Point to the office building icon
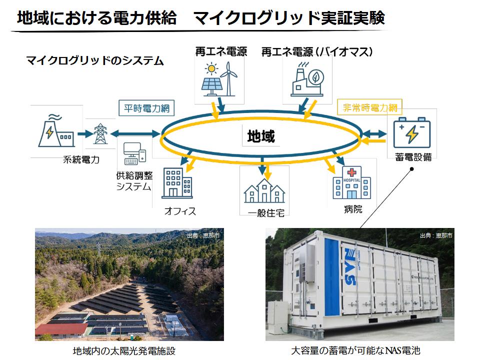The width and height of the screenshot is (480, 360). point(177,182)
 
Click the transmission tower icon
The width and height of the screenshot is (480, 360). point(100,133)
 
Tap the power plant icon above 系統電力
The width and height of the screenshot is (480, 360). point(55,131)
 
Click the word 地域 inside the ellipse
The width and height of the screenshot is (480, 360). point(261,136)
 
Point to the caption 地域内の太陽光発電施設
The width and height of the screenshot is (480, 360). point(124,351)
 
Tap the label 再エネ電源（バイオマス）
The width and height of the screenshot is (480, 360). point(318,51)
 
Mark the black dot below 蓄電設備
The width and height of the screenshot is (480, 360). point(411,169)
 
